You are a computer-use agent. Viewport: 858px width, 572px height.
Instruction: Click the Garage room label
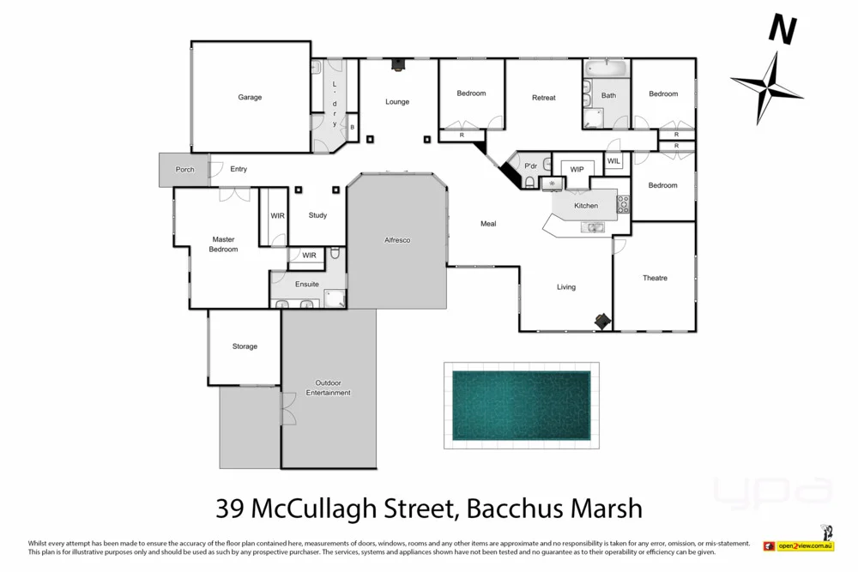[x=250, y=98]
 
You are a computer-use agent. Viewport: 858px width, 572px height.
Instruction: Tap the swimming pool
[x=521, y=406]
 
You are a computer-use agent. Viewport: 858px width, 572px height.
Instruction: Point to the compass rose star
[x=766, y=87]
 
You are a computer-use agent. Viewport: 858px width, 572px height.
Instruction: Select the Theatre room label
[x=655, y=278]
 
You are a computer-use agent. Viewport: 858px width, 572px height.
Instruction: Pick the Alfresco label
[x=397, y=240]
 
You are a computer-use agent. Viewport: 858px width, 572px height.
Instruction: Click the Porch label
[x=184, y=170]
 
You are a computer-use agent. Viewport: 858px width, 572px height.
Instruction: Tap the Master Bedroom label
[x=224, y=244]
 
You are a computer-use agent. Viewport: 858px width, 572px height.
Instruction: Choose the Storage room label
[x=245, y=346]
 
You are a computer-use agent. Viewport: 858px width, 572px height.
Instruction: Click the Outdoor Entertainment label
[x=329, y=388]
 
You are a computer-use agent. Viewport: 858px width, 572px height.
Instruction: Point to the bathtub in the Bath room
[x=607, y=67]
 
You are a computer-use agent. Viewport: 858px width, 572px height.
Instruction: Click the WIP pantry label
[x=577, y=169]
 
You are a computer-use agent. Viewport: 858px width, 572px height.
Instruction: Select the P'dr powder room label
[x=530, y=166]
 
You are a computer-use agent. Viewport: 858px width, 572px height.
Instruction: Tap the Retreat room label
[x=544, y=98]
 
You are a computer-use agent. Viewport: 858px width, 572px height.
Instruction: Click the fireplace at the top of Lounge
[x=397, y=63]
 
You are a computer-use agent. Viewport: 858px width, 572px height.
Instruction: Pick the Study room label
[x=317, y=215]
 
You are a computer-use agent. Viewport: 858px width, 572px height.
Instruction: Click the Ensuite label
[x=307, y=284]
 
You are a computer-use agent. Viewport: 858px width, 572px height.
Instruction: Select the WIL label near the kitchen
[x=614, y=161]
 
